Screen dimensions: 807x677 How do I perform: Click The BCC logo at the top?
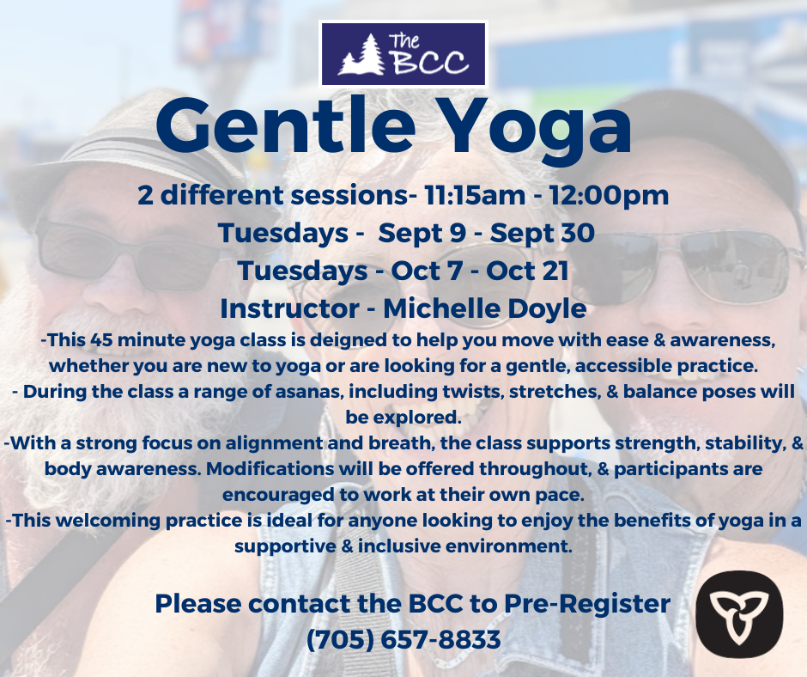403,53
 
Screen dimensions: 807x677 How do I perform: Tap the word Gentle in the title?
286,126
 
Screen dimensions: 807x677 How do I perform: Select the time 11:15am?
475,196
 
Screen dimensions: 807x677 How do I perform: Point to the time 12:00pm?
609,196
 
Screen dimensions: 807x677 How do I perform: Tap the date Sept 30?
542,234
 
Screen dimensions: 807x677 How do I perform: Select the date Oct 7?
427,271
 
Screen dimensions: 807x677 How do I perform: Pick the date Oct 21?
527,271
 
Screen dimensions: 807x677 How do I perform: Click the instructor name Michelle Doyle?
485,309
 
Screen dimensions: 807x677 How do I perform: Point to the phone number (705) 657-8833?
403,640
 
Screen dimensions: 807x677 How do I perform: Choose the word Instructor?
289,309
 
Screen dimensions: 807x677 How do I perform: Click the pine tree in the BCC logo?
361,54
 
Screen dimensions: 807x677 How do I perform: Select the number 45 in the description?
101,340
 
